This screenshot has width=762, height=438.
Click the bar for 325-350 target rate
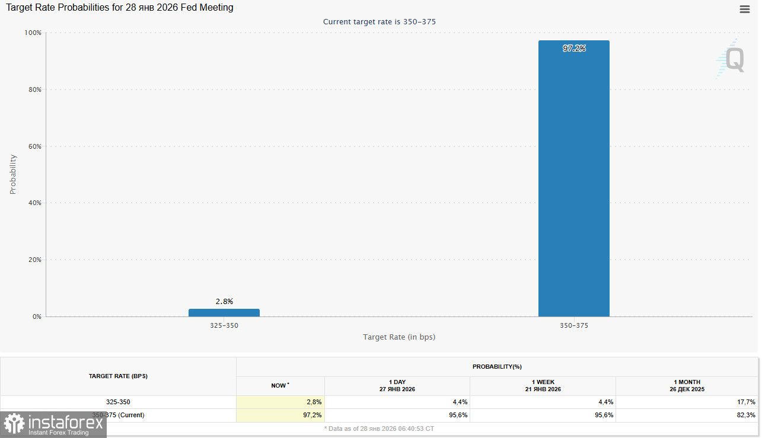[224, 312]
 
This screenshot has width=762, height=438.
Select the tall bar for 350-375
[573, 178]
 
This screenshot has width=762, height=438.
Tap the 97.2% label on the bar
[573, 49]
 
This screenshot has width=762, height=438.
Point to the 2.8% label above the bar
[224, 301]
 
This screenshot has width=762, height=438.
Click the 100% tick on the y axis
[33, 33]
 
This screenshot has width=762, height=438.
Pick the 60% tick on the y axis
[35, 146]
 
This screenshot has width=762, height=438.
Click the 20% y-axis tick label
[35, 260]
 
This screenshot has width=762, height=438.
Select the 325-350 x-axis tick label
[224, 326]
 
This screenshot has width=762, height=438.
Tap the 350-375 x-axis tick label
[573, 326]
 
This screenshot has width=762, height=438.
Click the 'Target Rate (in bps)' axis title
[399, 337]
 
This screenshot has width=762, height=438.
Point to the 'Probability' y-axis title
[13, 174]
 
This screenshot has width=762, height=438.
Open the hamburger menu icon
[745, 9]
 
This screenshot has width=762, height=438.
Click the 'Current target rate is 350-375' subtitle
[380, 22]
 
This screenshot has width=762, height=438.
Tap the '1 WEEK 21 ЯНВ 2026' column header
[543, 386]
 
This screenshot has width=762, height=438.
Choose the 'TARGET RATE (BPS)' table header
[118, 376]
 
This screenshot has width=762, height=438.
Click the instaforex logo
[53, 424]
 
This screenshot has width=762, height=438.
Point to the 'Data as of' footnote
[379, 428]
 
